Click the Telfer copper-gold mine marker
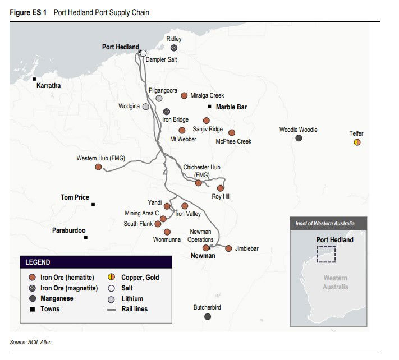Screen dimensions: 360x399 357,142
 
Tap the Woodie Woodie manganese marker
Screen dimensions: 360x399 299,138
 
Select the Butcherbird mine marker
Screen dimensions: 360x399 208,317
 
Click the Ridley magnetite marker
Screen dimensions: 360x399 174,48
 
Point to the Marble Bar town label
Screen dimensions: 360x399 231,107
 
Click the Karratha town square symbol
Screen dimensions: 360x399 34,79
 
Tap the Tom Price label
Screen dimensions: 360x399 75,197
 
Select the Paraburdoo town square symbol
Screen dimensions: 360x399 86,238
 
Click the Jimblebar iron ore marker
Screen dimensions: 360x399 228,248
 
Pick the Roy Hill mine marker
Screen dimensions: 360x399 221,188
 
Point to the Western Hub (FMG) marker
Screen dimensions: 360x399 98,167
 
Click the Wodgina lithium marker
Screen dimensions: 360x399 146,106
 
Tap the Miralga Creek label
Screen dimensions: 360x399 207,95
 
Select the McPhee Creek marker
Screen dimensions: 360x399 231,133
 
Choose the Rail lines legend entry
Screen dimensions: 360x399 135,309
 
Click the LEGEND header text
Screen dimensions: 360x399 38,262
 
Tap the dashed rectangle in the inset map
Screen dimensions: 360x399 326,254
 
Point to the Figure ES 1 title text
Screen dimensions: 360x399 28,12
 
